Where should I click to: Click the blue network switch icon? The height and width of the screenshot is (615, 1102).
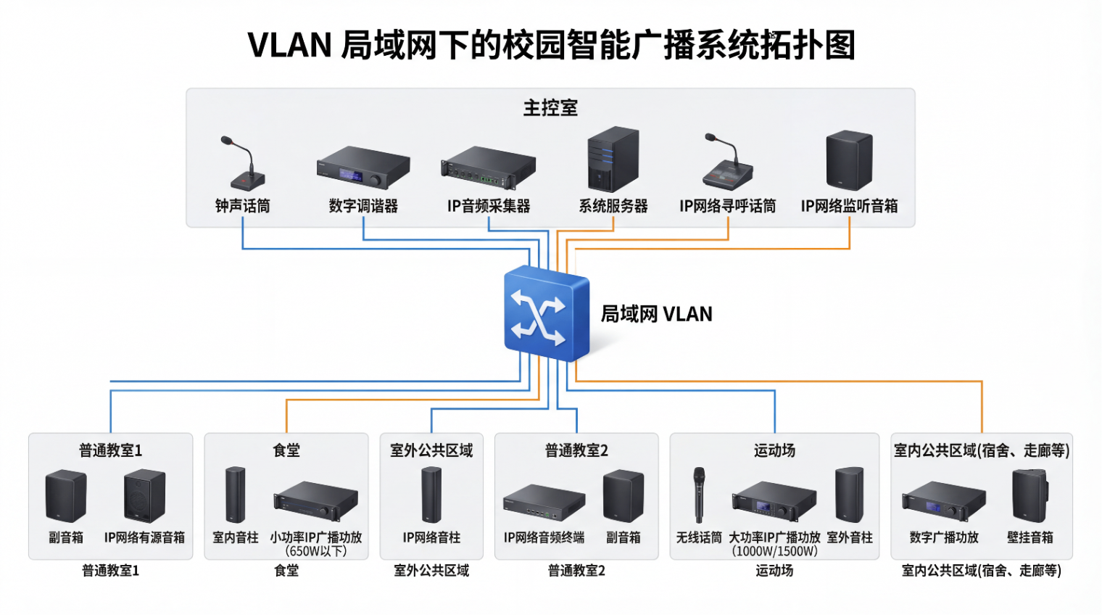(545, 313)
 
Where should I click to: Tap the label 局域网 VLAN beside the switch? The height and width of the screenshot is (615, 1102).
(656, 314)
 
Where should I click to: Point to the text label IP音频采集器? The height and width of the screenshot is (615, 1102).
(489, 207)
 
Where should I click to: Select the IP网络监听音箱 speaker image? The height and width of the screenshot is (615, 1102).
(849, 160)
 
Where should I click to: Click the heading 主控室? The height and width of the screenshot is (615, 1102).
(550, 108)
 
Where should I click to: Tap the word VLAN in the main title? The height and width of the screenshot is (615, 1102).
(289, 45)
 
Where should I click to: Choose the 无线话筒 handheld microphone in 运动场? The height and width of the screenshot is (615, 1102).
(699, 494)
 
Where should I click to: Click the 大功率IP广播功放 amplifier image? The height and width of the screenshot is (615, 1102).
(774, 501)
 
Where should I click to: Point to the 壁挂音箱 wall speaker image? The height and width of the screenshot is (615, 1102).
(1030, 496)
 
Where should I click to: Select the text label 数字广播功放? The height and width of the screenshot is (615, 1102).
(944, 537)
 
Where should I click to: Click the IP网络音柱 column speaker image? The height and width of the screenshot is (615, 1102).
(431, 495)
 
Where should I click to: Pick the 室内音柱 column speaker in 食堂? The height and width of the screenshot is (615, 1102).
(235, 495)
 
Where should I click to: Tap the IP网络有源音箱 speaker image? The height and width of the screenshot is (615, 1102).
(144, 496)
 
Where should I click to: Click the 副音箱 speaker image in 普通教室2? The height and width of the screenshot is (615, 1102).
(623, 496)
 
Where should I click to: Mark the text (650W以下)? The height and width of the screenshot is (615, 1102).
(316, 551)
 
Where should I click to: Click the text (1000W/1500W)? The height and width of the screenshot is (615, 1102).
(774, 551)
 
